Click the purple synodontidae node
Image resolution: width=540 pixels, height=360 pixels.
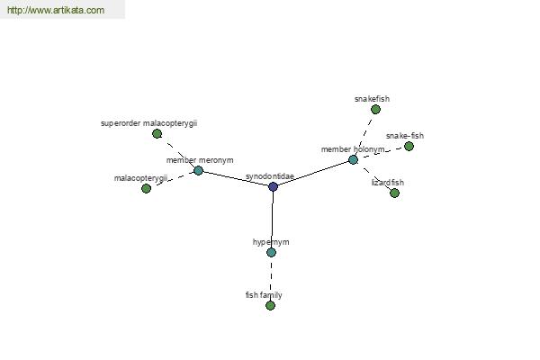click(x=273, y=186)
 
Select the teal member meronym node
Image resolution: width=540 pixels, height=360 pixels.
click(x=198, y=170)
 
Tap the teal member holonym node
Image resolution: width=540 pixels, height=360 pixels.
click(x=353, y=160)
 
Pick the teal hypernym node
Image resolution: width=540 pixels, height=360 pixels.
click(x=272, y=253)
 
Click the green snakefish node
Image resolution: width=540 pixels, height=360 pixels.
click(x=375, y=110)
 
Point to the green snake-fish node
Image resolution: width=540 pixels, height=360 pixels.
click(x=409, y=147)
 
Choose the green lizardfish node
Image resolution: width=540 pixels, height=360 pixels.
click(x=395, y=193)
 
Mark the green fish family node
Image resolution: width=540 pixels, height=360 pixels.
click(x=270, y=306)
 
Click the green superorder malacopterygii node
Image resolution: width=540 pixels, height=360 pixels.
click(x=157, y=134)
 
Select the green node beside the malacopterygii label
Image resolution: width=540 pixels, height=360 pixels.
click(x=147, y=188)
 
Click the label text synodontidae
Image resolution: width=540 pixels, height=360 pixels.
click(x=270, y=176)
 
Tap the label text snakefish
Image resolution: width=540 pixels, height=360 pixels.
click(x=372, y=99)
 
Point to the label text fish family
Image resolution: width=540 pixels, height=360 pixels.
click(x=264, y=295)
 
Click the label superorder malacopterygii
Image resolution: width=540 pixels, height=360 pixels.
click(x=148, y=123)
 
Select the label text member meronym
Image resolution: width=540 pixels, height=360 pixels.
click(x=200, y=160)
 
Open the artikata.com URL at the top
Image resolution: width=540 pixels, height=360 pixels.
click(x=56, y=10)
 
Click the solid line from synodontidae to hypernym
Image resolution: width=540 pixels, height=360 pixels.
click(x=273, y=220)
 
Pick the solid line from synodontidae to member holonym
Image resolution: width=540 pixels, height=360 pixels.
click(x=313, y=174)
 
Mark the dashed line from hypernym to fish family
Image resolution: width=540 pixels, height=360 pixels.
click(x=271, y=279)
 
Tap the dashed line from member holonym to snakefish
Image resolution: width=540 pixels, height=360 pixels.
click(x=364, y=135)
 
